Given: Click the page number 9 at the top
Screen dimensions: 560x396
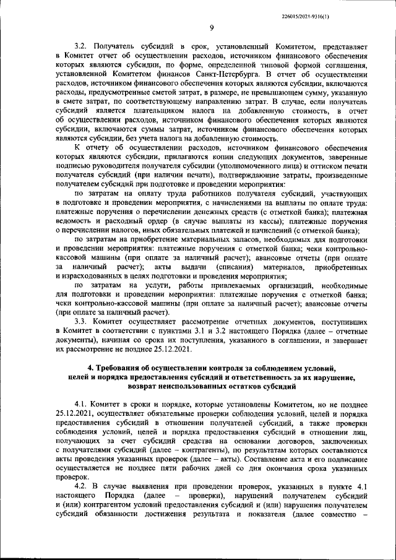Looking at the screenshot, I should (x=212, y=27).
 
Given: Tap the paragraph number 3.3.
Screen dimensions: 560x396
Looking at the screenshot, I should (x=82, y=322).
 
